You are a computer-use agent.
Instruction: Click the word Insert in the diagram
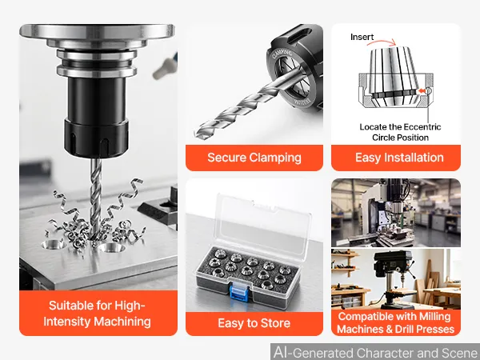pos(362,37)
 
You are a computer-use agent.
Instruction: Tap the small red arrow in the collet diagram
pos(422,90)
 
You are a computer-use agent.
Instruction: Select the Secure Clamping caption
pos(254,158)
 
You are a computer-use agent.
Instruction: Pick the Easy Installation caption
pos(399,158)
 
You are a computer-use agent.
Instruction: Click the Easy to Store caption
pos(254,323)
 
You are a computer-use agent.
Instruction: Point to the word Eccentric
pos(422,126)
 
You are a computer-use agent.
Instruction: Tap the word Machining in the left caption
pos(122,322)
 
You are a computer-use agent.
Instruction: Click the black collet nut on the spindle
pos(96,138)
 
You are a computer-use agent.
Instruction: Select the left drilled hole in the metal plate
pos(54,244)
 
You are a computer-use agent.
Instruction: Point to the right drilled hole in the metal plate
pos(112,247)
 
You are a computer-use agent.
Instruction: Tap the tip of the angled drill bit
pos(196,134)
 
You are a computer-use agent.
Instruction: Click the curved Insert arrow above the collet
pos(382,42)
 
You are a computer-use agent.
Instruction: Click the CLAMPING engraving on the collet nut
pos(282,55)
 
